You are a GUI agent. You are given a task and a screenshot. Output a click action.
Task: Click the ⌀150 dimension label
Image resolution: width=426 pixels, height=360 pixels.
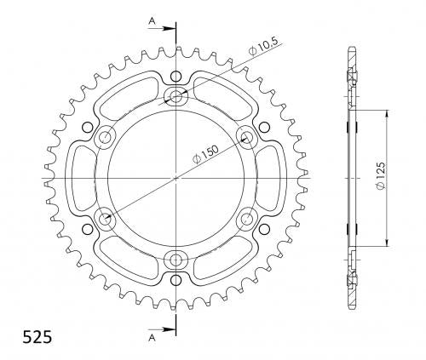pos(205,155)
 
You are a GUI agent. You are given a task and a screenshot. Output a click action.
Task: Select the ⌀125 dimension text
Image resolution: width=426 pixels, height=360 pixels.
pos(380,176)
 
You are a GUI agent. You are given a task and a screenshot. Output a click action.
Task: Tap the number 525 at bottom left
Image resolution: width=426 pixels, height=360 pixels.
pos(37,338)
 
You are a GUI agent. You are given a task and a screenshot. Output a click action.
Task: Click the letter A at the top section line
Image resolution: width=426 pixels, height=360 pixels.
pos(153,20)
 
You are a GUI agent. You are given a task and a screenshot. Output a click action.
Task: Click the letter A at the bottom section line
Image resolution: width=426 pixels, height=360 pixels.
pos(153,337)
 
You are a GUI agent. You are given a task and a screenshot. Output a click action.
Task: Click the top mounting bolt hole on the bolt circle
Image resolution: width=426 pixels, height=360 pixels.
pos(176,97)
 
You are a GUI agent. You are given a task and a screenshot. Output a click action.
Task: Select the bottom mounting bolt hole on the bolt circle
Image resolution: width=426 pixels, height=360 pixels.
pos(176,260)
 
